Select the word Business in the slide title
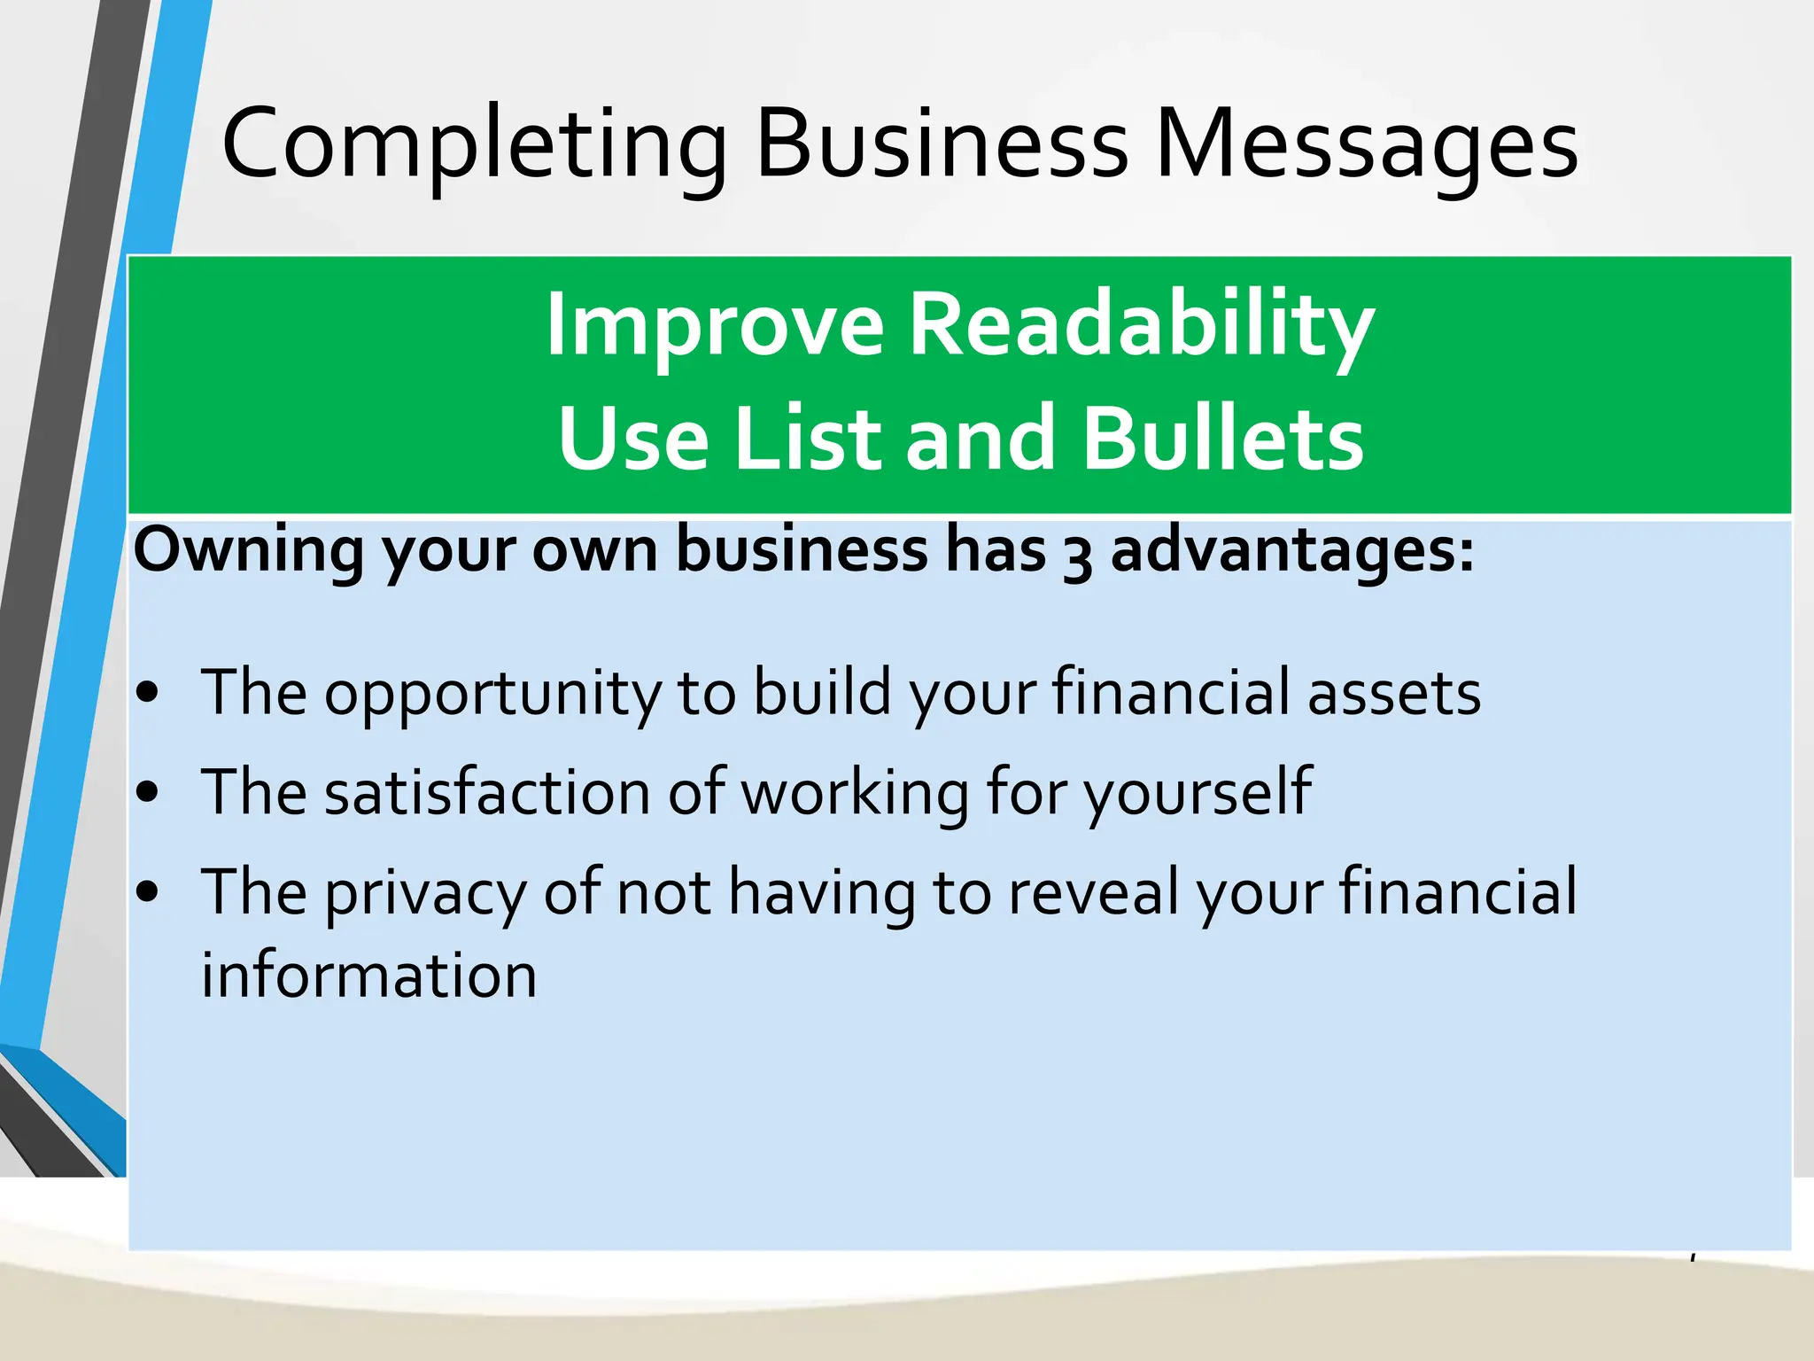[x=942, y=144]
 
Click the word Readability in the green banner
[x=1142, y=325]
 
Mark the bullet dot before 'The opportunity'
[x=148, y=693]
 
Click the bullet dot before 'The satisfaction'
[x=148, y=792]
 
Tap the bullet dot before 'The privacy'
[x=148, y=892]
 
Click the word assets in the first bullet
[x=1394, y=693]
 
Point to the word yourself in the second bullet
[x=1198, y=793]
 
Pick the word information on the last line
[x=368, y=976]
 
